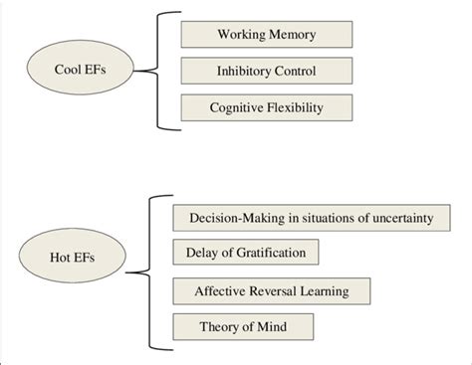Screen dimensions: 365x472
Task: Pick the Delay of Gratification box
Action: click(245, 252)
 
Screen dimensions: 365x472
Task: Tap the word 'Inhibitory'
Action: click(243, 72)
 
